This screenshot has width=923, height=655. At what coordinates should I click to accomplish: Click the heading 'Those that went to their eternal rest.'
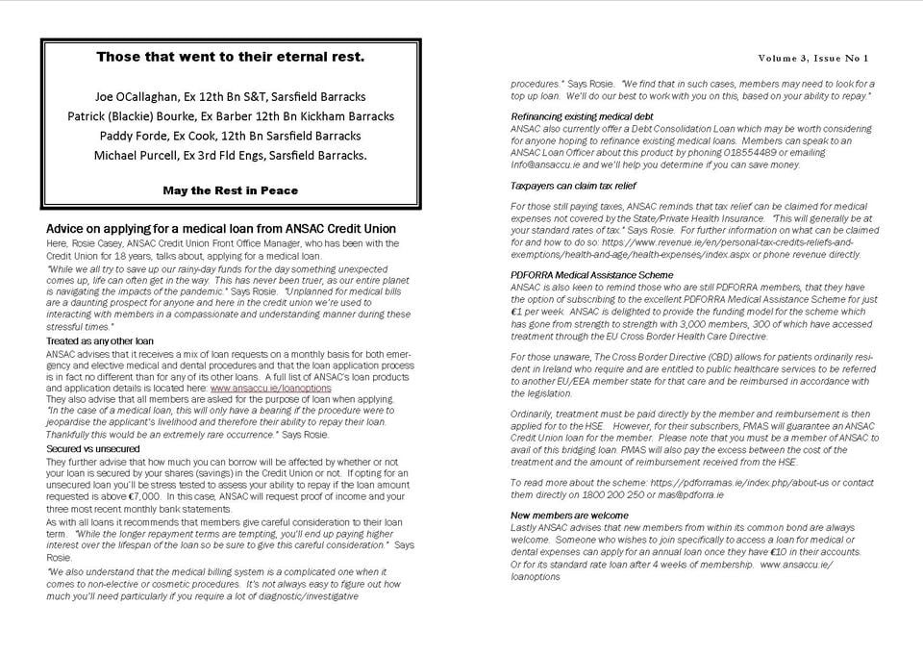(230, 57)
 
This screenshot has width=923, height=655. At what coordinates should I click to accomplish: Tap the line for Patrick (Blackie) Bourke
(230, 116)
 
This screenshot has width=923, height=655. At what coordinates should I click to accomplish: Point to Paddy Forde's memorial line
(230, 136)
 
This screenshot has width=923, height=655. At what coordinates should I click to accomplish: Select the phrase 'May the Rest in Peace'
(230, 190)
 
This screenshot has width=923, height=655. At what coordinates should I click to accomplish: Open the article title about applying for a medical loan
(221, 229)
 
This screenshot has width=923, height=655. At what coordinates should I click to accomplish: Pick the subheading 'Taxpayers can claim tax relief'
(573, 185)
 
